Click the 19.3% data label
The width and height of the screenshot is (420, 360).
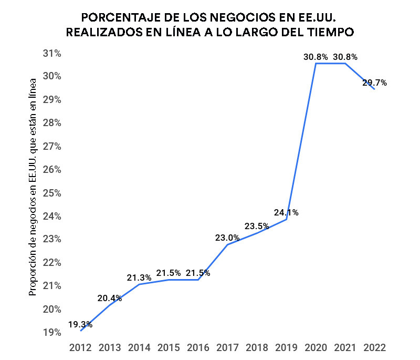(80, 324)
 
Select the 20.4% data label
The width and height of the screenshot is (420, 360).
(110, 299)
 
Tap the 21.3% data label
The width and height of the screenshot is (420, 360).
(139, 277)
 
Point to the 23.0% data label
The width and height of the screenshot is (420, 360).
(227, 238)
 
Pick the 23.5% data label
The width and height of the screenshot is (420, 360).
(257, 227)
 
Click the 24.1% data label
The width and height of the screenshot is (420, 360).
(286, 213)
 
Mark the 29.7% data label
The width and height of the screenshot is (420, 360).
(374, 83)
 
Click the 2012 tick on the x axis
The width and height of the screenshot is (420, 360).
(80, 348)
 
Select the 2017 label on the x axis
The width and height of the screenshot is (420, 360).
(227, 348)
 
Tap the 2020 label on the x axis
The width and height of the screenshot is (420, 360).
(316, 348)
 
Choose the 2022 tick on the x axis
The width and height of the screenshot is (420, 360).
(374, 348)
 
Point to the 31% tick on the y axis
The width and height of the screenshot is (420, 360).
(52, 53)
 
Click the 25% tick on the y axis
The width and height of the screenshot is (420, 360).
(52, 193)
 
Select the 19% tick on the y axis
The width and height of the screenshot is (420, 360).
(52, 333)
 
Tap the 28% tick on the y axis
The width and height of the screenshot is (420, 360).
(52, 123)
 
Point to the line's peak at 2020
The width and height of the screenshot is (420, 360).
(316, 63)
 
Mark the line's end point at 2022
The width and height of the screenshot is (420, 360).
(374, 89)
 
